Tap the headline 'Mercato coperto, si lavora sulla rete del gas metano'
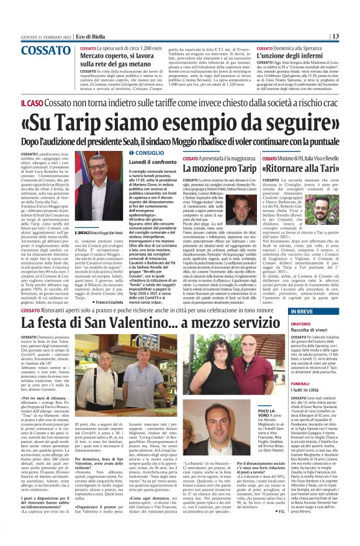tap(118, 59)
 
